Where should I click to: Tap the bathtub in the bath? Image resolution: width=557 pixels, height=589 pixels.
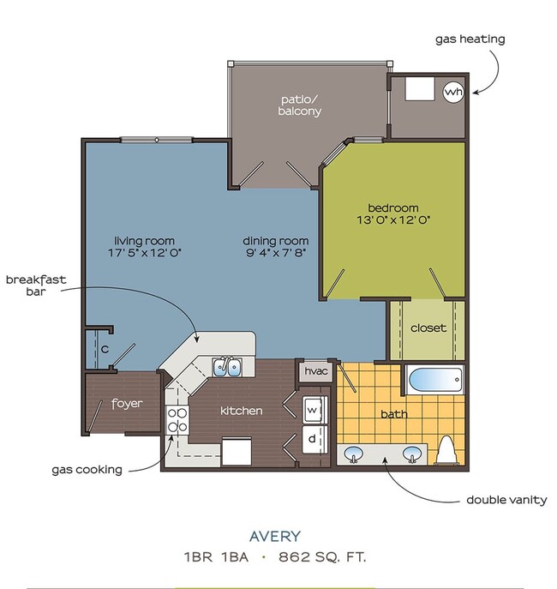click(x=434, y=379)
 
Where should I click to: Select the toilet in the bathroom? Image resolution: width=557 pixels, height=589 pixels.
click(x=446, y=450)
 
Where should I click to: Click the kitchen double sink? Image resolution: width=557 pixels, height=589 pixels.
click(x=227, y=368)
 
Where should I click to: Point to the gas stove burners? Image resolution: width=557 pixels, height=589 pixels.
click(x=177, y=421)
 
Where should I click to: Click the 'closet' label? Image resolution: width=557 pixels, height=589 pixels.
click(x=428, y=328)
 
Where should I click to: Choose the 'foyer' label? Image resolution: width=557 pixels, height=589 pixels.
click(x=127, y=403)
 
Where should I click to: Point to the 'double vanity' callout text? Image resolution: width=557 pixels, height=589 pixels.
click(x=506, y=500)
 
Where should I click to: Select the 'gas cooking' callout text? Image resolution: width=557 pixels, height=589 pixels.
click(x=86, y=469)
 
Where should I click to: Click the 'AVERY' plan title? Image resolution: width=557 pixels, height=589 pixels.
click(x=275, y=537)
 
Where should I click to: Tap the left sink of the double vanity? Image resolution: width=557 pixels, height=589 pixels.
click(x=354, y=452)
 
